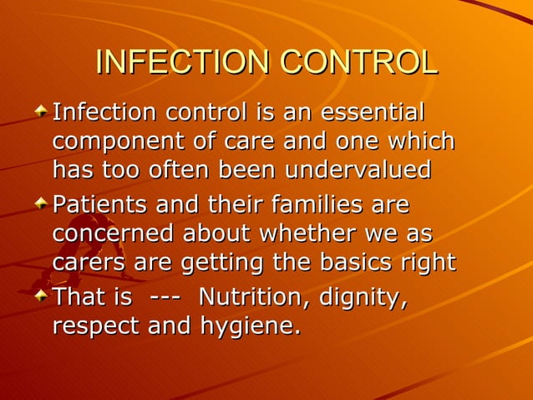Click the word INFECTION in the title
(184, 64)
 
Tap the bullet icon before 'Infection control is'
(42, 112)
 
